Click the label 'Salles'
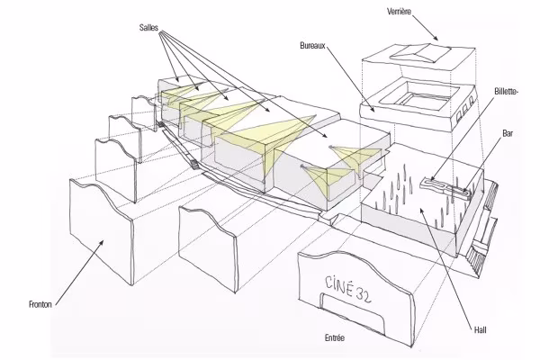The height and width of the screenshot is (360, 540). pos(148,27)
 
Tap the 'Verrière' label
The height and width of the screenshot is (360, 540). pos(399,12)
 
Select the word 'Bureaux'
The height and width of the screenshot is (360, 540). pos(312,46)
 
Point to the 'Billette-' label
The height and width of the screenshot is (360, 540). pos(506,91)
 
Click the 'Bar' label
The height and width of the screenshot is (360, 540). pos(508,133)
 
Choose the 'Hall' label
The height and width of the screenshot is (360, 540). pos(480,329)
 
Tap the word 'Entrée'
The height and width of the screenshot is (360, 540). pos(335,338)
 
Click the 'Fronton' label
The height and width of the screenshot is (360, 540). pos(40,304)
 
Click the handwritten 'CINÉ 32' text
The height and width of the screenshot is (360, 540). pos(347,290)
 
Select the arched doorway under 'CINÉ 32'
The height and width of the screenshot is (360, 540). pos(354,311)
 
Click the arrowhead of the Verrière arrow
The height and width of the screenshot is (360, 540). pos(436,38)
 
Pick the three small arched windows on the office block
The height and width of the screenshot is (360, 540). pos(465,109)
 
